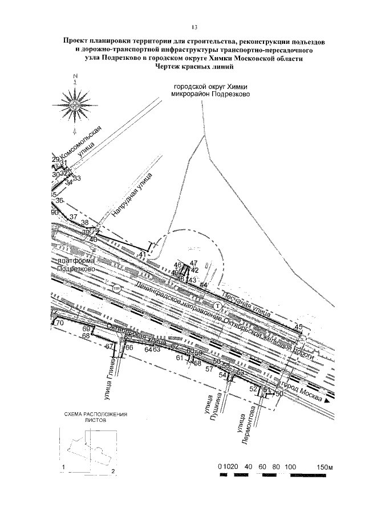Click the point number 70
60,323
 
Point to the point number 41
142,254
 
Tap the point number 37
72,217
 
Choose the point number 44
203,284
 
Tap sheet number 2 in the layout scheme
113,472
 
